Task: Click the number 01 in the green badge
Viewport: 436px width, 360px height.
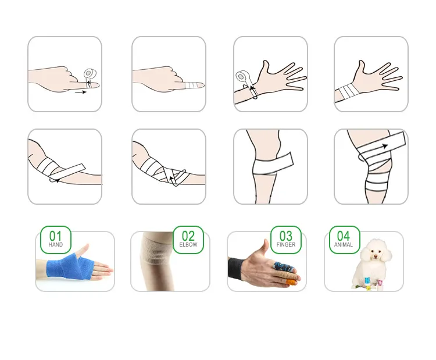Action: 55,236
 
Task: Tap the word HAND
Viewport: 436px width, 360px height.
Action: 56,245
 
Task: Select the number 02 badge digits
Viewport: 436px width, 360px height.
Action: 188,236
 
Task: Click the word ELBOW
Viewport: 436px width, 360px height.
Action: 188,245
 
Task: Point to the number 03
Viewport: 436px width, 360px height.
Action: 286,236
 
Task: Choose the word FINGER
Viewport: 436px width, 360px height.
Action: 286,245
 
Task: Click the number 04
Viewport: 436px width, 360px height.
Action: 344,236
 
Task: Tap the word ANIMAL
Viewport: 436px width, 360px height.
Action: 344,245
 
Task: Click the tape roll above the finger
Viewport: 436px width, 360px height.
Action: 90,74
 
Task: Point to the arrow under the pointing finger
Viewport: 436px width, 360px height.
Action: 81,92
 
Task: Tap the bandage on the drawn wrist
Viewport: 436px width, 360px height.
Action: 347,91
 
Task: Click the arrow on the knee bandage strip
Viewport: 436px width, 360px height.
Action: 384,147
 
